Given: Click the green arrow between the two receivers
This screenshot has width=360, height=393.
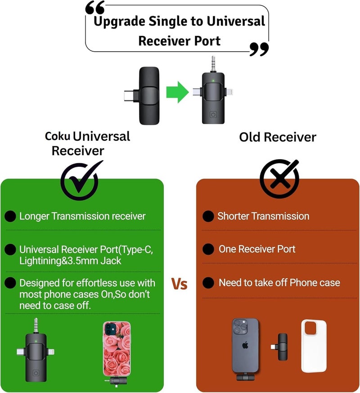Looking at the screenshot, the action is click(177, 92).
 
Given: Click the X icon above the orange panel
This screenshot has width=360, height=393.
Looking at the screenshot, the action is click(279, 179).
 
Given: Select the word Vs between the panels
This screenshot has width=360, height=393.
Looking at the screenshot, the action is click(180, 284).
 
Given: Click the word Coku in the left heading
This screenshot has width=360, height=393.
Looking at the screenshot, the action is click(58, 136).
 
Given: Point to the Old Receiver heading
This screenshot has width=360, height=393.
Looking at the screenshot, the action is click(278, 137).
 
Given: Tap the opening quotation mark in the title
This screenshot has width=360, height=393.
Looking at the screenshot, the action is click(95, 8).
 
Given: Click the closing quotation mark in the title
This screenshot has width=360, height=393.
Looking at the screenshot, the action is click(259, 49).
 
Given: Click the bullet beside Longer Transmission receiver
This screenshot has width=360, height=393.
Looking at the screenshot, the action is click(10, 216).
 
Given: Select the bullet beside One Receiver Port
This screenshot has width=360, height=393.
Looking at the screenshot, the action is click(208, 249).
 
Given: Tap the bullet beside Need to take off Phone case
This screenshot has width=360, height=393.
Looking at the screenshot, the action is click(208, 283).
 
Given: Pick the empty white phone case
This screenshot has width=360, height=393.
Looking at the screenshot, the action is click(314, 346).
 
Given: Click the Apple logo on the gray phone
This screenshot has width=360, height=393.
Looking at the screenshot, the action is click(245, 345).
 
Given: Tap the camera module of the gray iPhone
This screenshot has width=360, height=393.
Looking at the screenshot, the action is click(240, 327).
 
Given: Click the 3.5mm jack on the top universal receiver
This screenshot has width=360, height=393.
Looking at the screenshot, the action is click(213, 64).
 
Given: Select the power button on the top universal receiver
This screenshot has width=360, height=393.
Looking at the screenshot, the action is click(213, 115).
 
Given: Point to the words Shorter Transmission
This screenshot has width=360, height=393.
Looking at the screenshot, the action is click(263, 216).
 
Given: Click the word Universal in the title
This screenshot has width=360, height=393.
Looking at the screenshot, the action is click(236, 21).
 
